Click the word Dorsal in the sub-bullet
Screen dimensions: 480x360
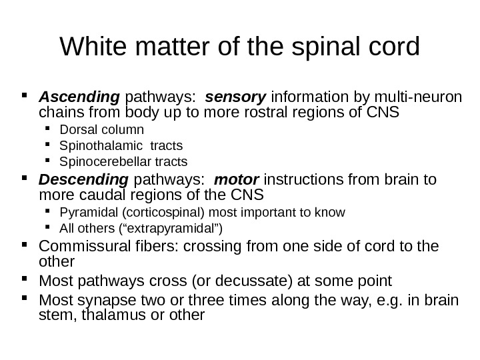tap(77, 129)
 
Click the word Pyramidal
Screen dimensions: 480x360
tap(83, 213)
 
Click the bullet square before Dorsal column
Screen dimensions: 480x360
tap(51, 129)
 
